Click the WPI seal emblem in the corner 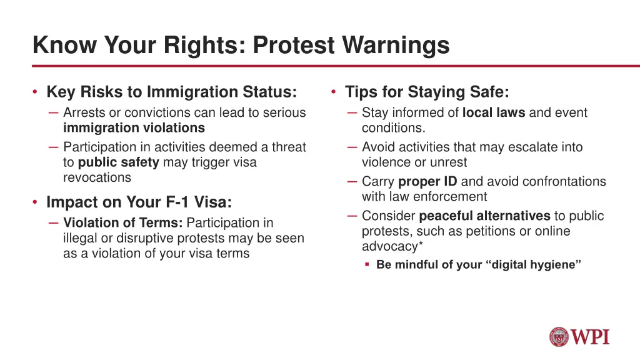click(x=559, y=337)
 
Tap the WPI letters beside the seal click(x=591, y=337)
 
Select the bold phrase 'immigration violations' click(x=134, y=127)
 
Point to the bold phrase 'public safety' click(x=119, y=162)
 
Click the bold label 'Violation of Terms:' click(x=123, y=222)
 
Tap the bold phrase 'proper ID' click(x=427, y=181)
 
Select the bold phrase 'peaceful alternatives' click(x=484, y=216)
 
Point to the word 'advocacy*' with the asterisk click(x=389, y=246)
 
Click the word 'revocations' click(x=97, y=177)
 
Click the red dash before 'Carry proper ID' click(x=352, y=182)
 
